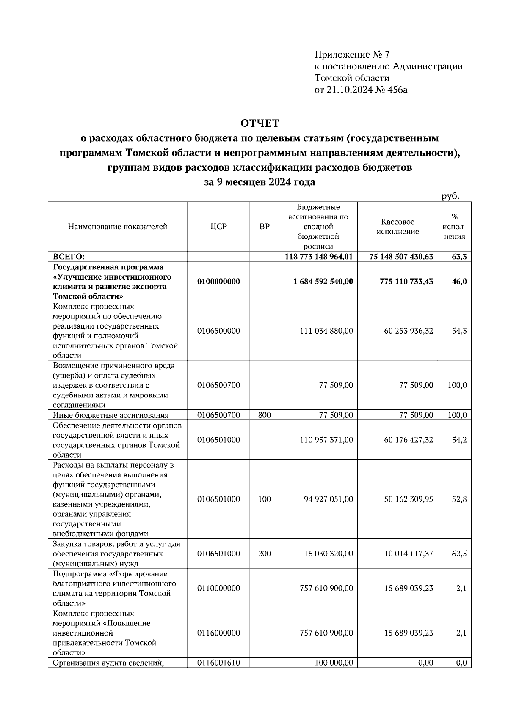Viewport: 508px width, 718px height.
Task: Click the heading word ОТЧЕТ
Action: pyautogui.click(x=260, y=123)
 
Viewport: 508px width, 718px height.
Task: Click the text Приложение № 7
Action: pyautogui.click(x=351, y=55)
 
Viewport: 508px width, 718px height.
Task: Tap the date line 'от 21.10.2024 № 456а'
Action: pyautogui.click(x=361, y=90)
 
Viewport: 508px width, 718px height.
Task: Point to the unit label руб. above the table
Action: pyautogui.click(x=450, y=196)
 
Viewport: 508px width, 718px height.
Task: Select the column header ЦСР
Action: pyautogui.click(x=218, y=226)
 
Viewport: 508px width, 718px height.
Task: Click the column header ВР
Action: pyautogui.click(x=264, y=226)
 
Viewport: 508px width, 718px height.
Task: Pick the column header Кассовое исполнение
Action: pyautogui.click(x=397, y=226)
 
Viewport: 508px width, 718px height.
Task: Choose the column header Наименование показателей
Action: pyautogui.click(x=117, y=226)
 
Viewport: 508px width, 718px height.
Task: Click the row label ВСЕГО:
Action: pyautogui.click(x=69, y=256)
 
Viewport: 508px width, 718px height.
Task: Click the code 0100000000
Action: pyautogui.click(x=218, y=281)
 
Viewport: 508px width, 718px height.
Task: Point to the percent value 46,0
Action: pyautogui.click(x=459, y=281)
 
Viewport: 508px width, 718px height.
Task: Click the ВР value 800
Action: pyautogui.click(x=264, y=415)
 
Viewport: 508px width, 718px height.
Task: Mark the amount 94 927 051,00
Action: pyautogui.click(x=328, y=499)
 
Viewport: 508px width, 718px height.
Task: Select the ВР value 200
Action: pyautogui.click(x=264, y=553)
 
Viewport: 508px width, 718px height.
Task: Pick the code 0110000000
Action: pyautogui.click(x=218, y=588)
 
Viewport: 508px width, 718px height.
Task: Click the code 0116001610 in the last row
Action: pyautogui.click(x=218, y=663)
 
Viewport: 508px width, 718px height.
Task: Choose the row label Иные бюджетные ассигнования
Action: pyautogui.click(x=110, y=415)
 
